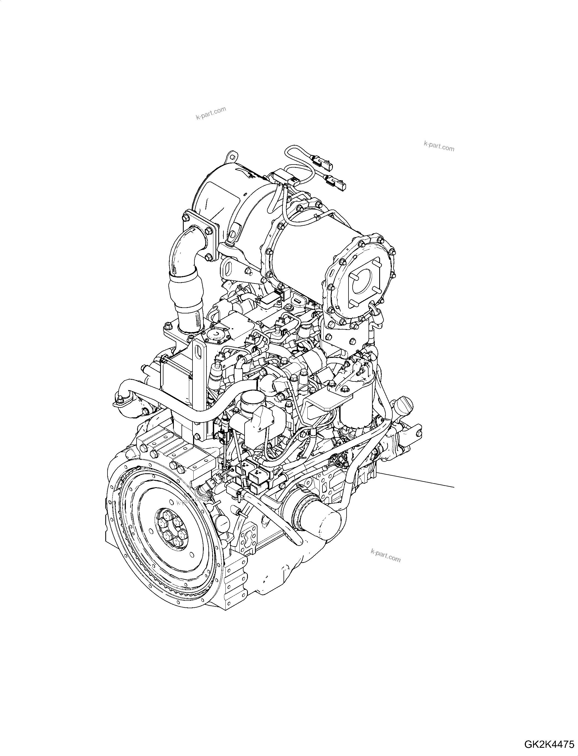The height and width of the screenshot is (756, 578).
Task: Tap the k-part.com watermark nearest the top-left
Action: tap(211, 114)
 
